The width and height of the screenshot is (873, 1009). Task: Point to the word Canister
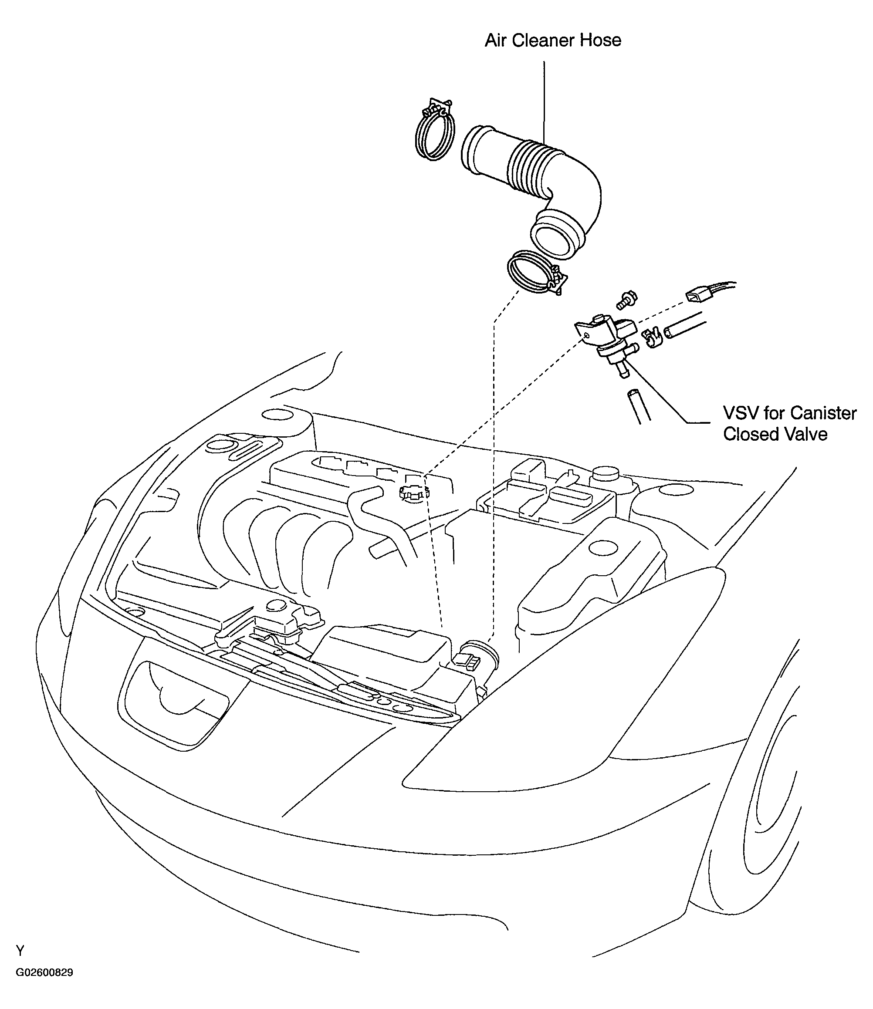point(824,413)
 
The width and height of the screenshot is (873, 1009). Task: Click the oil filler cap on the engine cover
point(413,494)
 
